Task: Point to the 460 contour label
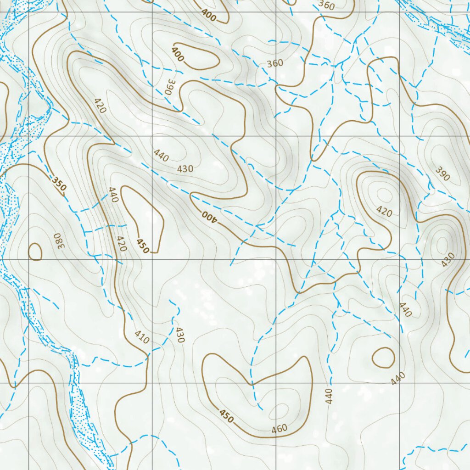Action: (279, 429)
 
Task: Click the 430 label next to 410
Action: (179, 336)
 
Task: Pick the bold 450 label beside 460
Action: (227, 416)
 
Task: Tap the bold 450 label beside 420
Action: (143, 246)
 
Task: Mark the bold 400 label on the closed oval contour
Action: (178, 54)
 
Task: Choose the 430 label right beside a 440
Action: (185, 168)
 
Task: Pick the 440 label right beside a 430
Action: (162, 156)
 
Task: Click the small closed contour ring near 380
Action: (35, 252)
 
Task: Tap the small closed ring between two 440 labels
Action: (383, 358)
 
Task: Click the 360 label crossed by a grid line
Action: (275, 63)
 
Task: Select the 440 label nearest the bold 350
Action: (113, 196)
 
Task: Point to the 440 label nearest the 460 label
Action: (329, 396)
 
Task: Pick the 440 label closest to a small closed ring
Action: (398, 378)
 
